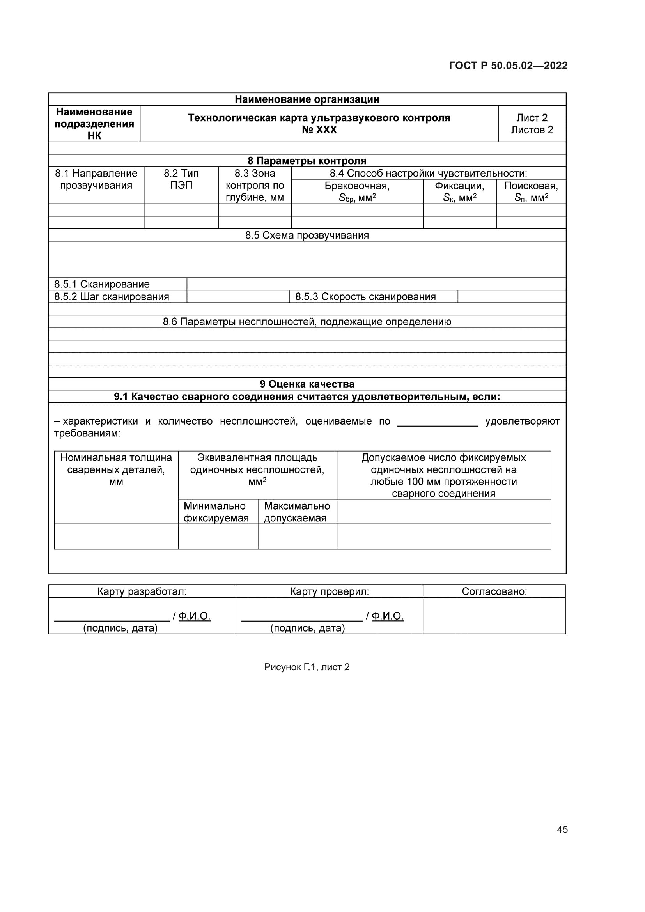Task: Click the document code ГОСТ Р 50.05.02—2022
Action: point(508,66)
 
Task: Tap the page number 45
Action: point(562,829)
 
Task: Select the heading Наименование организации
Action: point(307,99)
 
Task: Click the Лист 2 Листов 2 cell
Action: point(532,124)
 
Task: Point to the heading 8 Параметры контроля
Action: point(307,161)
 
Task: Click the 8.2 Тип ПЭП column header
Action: point(181,179)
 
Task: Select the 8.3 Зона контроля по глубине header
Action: point(255,185)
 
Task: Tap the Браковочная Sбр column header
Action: point(357,191)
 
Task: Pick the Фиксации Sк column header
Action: point(459,191)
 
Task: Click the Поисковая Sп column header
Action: point(531,191)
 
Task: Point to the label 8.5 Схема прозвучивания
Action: point(307,235)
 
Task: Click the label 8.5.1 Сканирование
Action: point(102,284)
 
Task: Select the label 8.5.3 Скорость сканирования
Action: point(365,297)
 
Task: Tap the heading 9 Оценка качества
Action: point(307,384)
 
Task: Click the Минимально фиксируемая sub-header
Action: point(216,512)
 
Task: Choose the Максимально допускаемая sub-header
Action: point(297,512)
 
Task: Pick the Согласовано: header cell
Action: point(494,591)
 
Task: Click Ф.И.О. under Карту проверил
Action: point(388,616)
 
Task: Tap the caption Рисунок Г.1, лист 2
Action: point(307,667)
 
